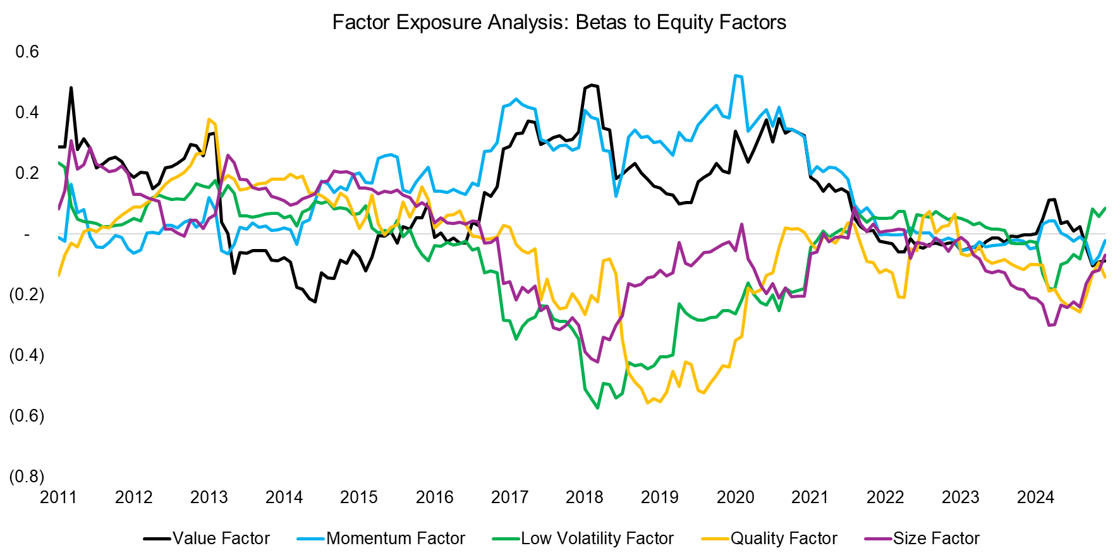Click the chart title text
pyautogui.click(x=559, y=23)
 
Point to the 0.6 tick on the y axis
pyautogui.click(x=27, y=52)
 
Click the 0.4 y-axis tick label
pyautogui.click(x=27, y=113)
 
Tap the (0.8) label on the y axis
pyautogui.click(x=27, y=477)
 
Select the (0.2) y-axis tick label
pyautogui.click(x=27, y=295)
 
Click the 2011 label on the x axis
pyautogui.click(x=58, y=497)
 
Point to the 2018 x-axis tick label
pyautogui.click(x=585, y=497)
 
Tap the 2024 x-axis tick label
pyautogui.click(x=1035, y=497)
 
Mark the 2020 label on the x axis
pyautogui.click(x=735, y=497)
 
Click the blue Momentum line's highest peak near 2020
pyautogui.click(x=736, y=76)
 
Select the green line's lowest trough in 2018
pyautogui.click(x=598, y=408)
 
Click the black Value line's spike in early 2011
pyautogui.click(x=71, y=88)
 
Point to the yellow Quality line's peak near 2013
pyautogui.click(x=209, y=119)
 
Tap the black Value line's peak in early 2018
pyautogui.click(x=592, y=85)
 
